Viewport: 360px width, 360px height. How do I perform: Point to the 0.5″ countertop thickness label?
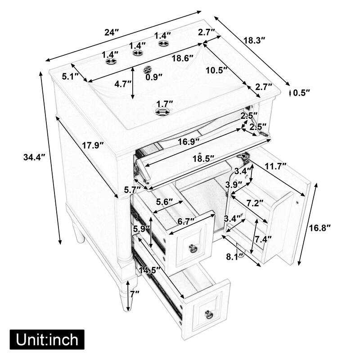pyautogui.click(x=301, y=93)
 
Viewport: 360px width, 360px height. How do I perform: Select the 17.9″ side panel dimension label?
pyautogui.click(x=92, y=145)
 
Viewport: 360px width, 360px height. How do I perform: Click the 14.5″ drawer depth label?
pyautogui.click(x=150, y=270)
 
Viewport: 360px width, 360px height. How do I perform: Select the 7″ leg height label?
pyautogui.click(x=135, y=293)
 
